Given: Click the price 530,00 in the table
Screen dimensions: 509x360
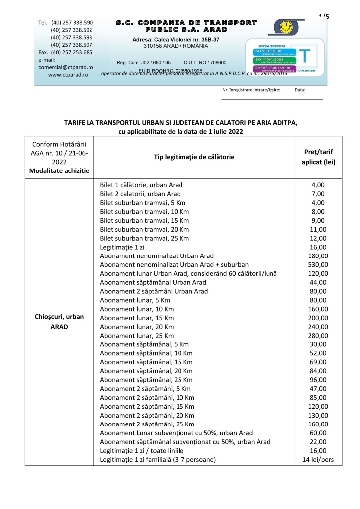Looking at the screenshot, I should [x=318, y=264].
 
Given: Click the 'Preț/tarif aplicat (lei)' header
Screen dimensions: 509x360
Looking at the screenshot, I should [x=318, y=157].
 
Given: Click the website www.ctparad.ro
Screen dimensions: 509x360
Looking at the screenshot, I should [x=68, y=74].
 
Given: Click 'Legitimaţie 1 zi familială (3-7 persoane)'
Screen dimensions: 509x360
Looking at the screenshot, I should [x=158, y=459].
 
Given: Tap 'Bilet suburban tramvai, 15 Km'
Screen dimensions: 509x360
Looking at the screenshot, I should [x=144, y=220].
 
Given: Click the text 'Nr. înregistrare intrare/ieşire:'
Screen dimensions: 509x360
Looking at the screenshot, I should [x=251, y=90].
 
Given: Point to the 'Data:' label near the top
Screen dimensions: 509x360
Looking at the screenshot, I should [x=300, y=90].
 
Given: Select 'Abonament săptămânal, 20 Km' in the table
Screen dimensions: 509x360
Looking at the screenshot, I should [x=146, y=370].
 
